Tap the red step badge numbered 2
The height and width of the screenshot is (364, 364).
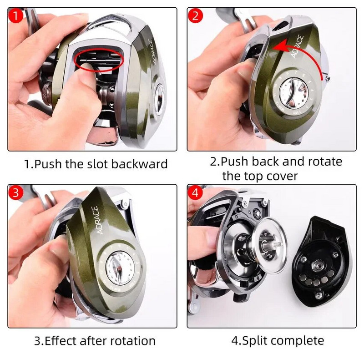coord(196,16)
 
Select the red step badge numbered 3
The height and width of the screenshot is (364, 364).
coord(16,192)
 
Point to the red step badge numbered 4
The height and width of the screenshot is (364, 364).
coord(196,192)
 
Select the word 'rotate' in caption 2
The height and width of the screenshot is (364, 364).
coord(320,161)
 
